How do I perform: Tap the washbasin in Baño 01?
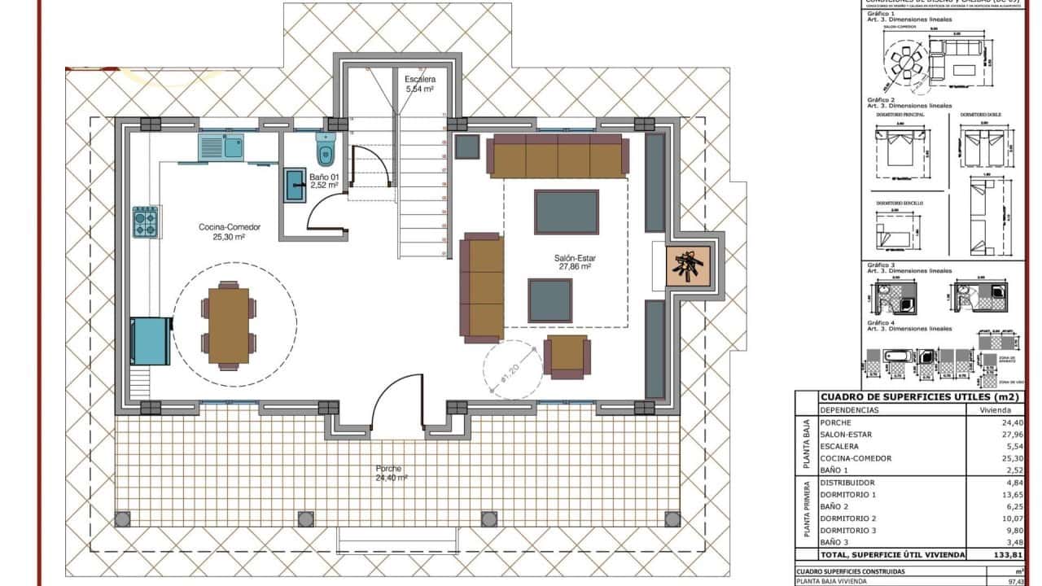point(295,186)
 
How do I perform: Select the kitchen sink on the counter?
point(221,147)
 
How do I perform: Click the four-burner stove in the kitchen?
point(145,221)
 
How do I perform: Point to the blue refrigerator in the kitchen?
point(151,340)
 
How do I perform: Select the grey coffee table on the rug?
point(567,212)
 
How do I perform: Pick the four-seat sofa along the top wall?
point(558,155)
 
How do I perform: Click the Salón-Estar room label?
point(574,261)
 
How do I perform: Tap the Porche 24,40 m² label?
point(392,474)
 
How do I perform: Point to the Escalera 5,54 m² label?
point(421,83)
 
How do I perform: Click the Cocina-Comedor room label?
point(230,232)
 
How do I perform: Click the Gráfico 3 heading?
point(881,265)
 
